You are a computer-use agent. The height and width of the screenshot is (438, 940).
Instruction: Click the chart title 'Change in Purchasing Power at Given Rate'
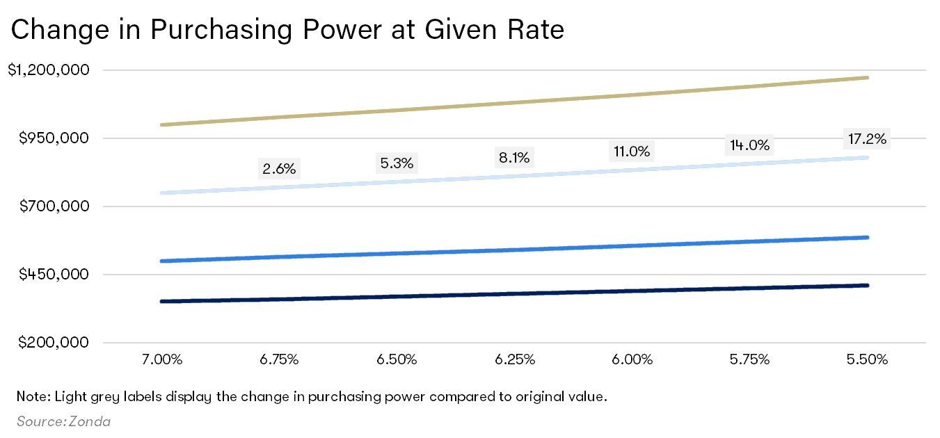pyautogui.click(x=287, y=30)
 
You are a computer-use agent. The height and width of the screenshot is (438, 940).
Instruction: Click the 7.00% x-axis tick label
pyautogui.click(x=161, y=359)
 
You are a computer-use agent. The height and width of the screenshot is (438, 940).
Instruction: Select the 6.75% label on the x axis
pyautogui.click(x=279, y=359)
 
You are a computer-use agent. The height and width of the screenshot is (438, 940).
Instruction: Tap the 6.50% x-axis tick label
pyautogui.click(x=397, y=359)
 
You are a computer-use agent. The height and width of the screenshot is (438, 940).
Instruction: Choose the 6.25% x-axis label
pyautogui.click(x=514, y=359)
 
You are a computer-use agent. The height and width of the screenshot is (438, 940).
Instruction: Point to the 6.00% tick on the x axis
pyautogui.click(x=632, y=359)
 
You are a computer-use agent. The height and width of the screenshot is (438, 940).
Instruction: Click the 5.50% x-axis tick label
pyautogui.click(x=867, y=359)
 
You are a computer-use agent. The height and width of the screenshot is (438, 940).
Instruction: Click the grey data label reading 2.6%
pyautogui.click(x=279, y=168)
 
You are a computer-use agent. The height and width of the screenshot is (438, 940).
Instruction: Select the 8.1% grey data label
pyautogui.click(x=514, y=158)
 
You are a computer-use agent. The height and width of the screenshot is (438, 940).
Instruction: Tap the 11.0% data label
pyautogui.click(x=632, y=152)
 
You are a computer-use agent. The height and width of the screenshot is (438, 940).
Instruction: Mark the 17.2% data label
pyautogui.click(x=867, y=139)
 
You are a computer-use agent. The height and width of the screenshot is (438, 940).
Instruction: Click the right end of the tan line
pyautogui.click(x=867, y=77)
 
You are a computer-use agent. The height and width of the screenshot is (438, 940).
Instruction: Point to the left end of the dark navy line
pyautogui.click(x=162, y=301)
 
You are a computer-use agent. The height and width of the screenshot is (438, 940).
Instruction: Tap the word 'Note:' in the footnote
pyautogui.click(x=31, y=397)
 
